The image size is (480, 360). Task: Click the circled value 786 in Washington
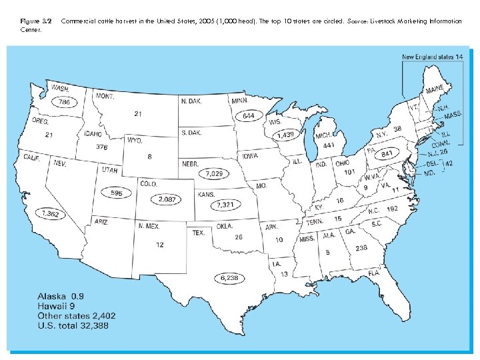pos(64,102)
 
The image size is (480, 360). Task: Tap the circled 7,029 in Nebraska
pos(215,173)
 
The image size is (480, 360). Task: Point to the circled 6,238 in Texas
pos(229,277)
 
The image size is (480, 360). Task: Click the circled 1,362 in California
pos(50,214)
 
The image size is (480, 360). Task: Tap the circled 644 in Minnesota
pos(248,116)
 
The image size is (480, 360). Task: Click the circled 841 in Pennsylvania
pos(386,154)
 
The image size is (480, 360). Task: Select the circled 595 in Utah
pos(117,193)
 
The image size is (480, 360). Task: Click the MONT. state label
pos(105,97)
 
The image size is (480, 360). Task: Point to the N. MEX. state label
pos(149,226)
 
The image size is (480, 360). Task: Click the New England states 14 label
pos(432,57)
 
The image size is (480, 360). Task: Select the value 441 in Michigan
pos(328,145)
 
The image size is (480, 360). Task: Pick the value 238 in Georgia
pos(361,248)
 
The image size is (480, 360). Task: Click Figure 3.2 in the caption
pos(36,21)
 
